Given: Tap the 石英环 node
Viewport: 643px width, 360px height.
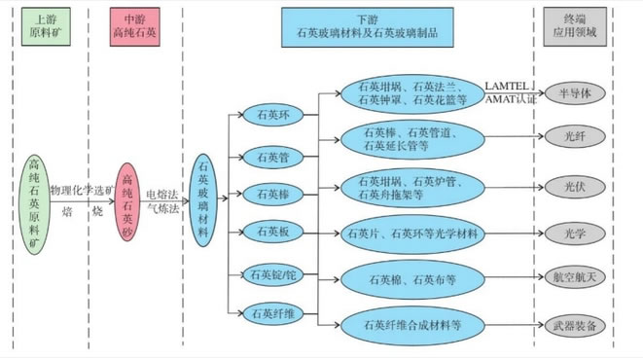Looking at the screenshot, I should (x=271, y=116).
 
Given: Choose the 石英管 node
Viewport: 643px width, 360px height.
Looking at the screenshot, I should (x=271, y=156).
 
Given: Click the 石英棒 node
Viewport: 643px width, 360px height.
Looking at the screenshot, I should (x=271, y=195).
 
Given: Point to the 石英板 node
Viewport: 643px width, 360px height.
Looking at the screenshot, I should (x=271, y=233).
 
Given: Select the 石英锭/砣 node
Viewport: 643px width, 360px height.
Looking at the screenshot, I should (x=272, y=275).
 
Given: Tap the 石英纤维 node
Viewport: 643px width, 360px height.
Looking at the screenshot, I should (x=271, y=314).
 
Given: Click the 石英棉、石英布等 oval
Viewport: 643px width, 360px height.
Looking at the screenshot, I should (x=412, y=280).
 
